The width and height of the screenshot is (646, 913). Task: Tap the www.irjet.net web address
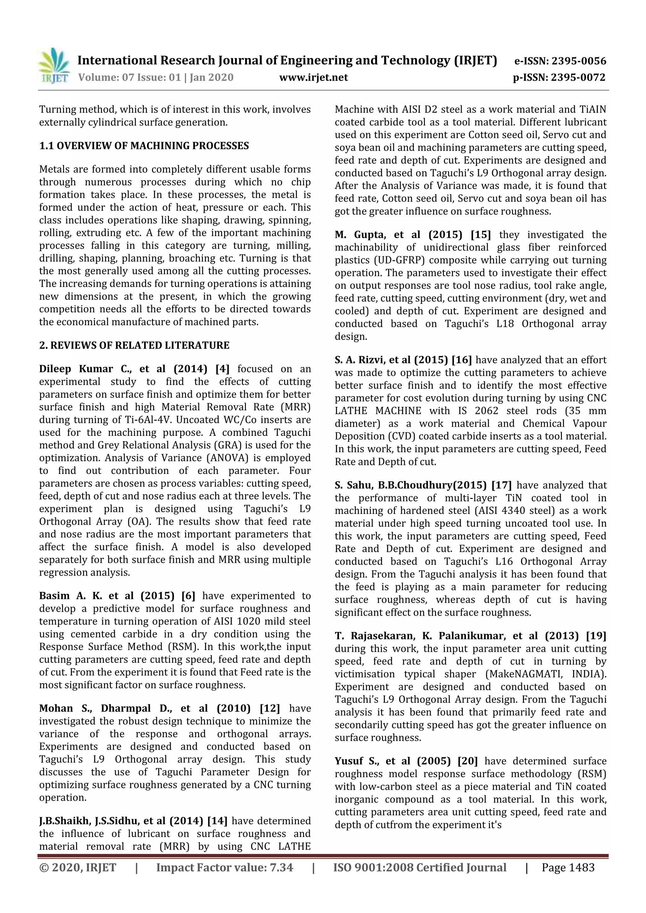[x=313, y=78]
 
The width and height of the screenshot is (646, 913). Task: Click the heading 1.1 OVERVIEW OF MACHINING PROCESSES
[x=144, y=146]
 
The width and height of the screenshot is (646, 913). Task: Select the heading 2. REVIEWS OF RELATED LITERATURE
[x=134, y=345]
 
